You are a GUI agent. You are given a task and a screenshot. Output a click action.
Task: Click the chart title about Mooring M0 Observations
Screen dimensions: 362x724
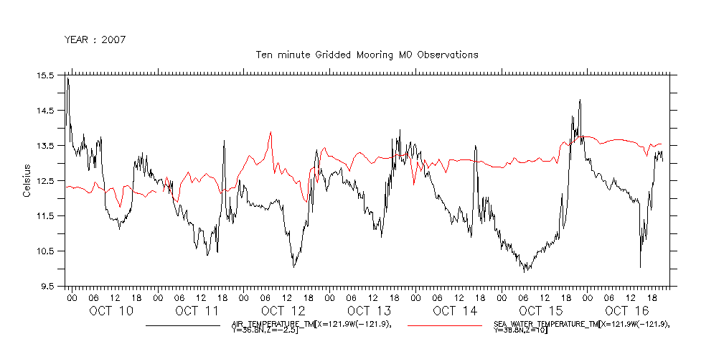(367, 55)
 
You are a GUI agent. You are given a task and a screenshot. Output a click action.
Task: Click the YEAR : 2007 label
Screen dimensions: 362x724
(95, 40)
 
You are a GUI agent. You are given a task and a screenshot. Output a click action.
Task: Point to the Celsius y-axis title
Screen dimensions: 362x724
(27, 181)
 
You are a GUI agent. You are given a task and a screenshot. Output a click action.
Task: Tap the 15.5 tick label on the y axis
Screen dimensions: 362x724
(46, 75)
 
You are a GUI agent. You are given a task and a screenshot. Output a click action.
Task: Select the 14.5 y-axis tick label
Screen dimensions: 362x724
(46, 111)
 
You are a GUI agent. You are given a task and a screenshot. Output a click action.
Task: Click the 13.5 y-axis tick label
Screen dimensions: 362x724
(46, 146)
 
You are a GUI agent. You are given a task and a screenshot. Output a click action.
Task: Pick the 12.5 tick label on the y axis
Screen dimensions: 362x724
(46, 181)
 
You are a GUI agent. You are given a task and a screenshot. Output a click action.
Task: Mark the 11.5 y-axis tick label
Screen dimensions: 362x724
(46, 216)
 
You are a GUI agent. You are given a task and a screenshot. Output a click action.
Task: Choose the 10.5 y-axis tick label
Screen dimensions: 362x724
(46, 251)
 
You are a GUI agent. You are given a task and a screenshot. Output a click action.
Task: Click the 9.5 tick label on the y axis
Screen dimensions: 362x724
(48, 287)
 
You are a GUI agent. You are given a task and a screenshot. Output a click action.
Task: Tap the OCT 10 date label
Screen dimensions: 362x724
(111, 311)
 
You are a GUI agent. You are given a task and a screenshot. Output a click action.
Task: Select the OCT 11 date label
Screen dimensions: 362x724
(197, 311)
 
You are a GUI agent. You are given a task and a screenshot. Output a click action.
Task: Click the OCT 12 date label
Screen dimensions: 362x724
(283, 311)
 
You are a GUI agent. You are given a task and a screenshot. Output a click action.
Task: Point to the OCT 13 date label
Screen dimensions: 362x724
(370, 311)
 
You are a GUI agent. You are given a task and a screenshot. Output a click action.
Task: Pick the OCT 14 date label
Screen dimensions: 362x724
(455, 311)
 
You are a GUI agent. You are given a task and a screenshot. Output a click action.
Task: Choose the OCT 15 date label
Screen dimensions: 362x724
(541, 311)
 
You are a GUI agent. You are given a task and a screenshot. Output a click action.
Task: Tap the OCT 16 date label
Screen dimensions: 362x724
(626, 311)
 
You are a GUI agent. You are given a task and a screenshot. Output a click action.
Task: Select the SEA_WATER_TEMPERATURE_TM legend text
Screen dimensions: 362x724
(582, 328)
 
